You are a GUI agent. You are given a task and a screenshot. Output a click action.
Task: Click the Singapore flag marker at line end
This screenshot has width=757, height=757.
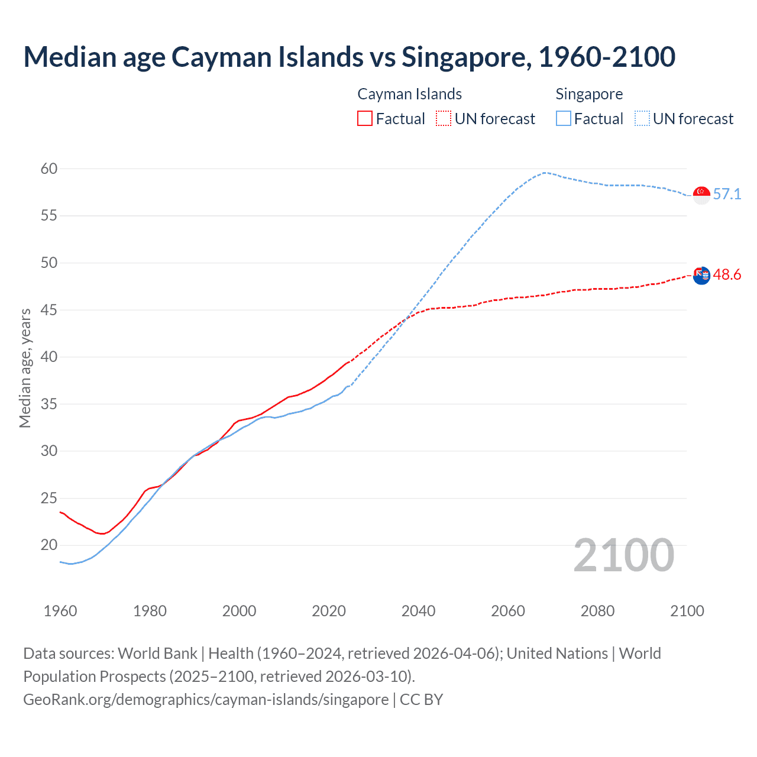point(701,195)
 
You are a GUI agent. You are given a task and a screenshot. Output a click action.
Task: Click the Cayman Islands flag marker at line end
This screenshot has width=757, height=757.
point(701,275)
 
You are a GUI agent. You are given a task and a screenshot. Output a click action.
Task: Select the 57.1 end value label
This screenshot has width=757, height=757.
point(727,194)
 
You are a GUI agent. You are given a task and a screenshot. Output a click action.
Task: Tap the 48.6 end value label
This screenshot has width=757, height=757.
point(727,274)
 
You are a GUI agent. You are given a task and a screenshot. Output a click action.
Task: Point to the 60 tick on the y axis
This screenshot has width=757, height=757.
point(49,169)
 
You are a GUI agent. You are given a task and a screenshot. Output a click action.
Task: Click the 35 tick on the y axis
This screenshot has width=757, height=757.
point(49,404)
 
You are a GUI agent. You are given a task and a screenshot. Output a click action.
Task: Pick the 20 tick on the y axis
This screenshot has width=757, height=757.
point(49,545)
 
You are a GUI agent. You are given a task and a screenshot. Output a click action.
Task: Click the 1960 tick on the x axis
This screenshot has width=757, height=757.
point(60,611)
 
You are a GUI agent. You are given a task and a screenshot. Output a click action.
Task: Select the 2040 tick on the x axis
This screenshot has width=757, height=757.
point(418,611)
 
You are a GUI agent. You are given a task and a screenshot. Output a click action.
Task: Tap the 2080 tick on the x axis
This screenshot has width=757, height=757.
point(597,611)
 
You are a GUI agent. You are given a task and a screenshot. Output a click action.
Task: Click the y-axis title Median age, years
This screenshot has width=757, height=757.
point(25,368)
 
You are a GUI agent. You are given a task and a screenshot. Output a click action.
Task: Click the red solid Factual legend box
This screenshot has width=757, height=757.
point(365,119)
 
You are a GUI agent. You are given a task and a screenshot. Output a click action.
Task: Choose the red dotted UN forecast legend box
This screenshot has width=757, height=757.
point(444,119)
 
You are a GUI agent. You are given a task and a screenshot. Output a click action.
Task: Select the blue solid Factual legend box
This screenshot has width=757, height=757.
point(564,119)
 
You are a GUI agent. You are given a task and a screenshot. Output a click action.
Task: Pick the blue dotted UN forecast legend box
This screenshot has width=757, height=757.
point(642,119)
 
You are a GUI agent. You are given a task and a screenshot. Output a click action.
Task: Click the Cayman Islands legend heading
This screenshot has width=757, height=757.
point(409,94)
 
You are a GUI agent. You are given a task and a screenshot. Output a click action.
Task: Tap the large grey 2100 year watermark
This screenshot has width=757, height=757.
point(623,555)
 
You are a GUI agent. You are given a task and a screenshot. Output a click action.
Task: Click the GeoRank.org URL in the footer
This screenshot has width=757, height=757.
point(206,699)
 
